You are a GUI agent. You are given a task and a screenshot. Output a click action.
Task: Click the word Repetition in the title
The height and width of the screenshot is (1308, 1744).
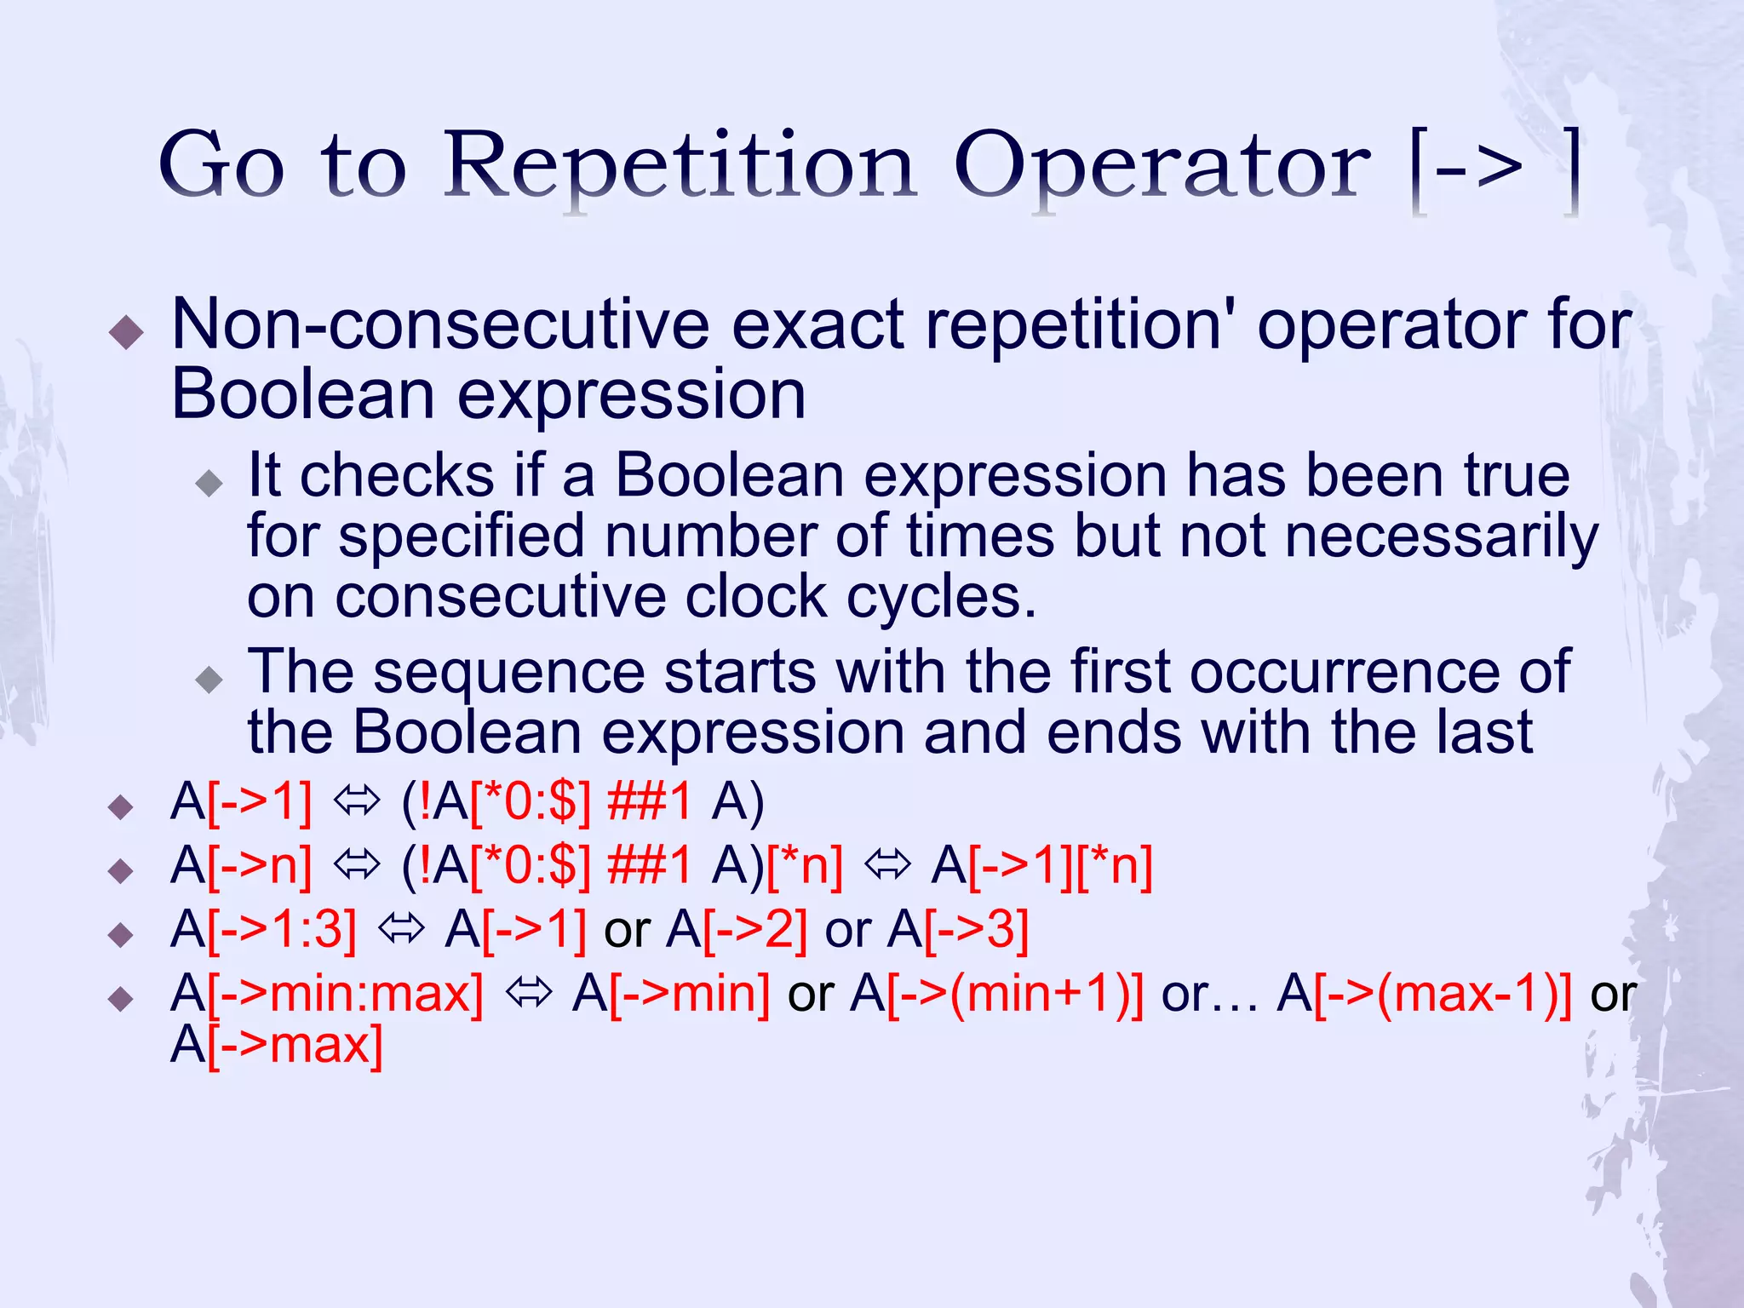pos(680,166)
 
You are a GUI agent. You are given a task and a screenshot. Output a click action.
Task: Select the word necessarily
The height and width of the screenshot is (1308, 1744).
pos(1441,536)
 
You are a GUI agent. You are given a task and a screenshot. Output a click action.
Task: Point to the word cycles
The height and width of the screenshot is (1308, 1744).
pos(940,596)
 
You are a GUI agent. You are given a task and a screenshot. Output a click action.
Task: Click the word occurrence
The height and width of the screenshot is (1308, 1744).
pos(1380,673)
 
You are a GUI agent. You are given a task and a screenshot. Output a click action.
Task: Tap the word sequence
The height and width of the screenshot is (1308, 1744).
pos(508,673)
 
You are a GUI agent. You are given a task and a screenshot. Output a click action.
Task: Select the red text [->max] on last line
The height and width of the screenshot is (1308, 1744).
pos(295,1045)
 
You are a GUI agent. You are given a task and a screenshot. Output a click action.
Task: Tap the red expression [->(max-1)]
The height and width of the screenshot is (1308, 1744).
pos(1443,994)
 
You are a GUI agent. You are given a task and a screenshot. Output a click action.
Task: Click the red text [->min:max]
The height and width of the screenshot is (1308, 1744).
pos(345,994)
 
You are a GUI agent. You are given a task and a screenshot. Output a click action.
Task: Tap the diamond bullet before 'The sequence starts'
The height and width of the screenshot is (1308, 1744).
pos(209,680)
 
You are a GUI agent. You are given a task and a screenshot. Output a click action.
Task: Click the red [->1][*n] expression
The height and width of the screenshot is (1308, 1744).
pos(1060,866)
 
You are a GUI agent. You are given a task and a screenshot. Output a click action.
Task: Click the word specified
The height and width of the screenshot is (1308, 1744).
pos(462,536)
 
